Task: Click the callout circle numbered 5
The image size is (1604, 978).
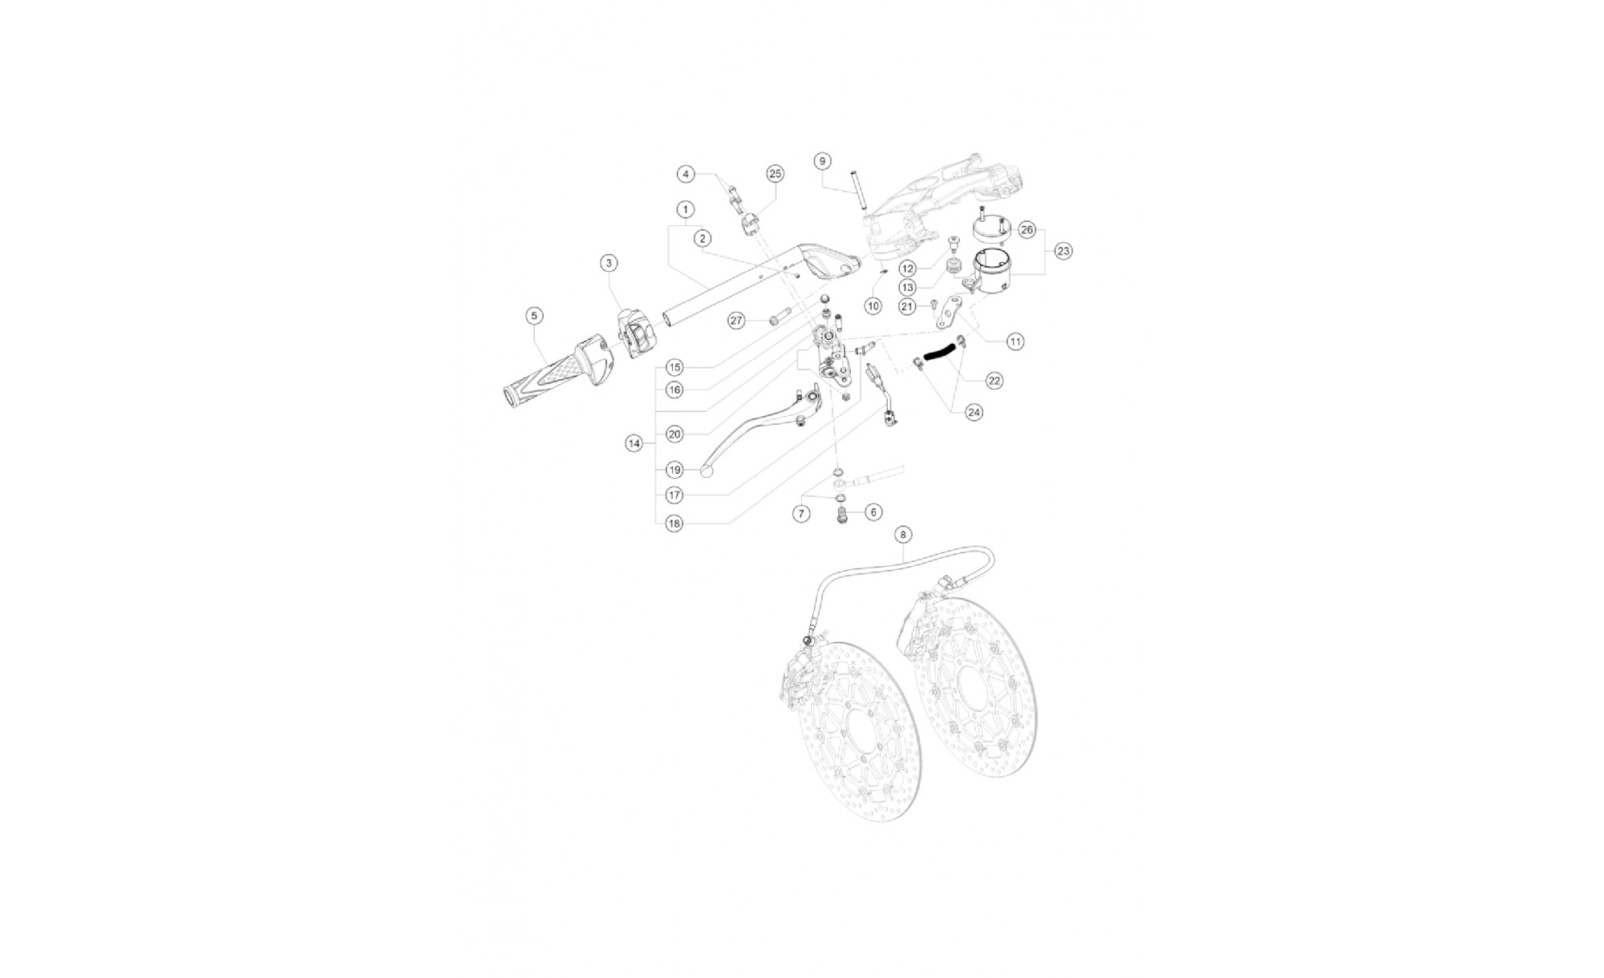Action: [535, 317]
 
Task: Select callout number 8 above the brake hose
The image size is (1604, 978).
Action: [904, 534]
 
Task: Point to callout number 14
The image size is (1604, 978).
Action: [635, 443]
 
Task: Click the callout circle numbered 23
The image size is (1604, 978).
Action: [1063, 252]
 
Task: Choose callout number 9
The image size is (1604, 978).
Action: [822, 161]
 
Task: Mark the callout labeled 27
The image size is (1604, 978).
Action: [737, 321]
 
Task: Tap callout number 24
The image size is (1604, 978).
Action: [974, 412]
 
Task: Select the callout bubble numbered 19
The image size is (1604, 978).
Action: [674, 470]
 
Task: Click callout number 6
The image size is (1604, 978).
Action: [873, 512]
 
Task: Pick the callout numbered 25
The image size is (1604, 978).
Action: [775, 174]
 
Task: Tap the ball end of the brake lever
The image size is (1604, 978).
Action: [707, 471]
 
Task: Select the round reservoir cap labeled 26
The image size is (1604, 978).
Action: [993, 226]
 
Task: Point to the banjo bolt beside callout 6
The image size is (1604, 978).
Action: [843, 514]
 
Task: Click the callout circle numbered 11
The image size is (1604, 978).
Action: [1015, 342]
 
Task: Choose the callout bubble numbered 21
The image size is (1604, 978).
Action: [907, 306]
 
